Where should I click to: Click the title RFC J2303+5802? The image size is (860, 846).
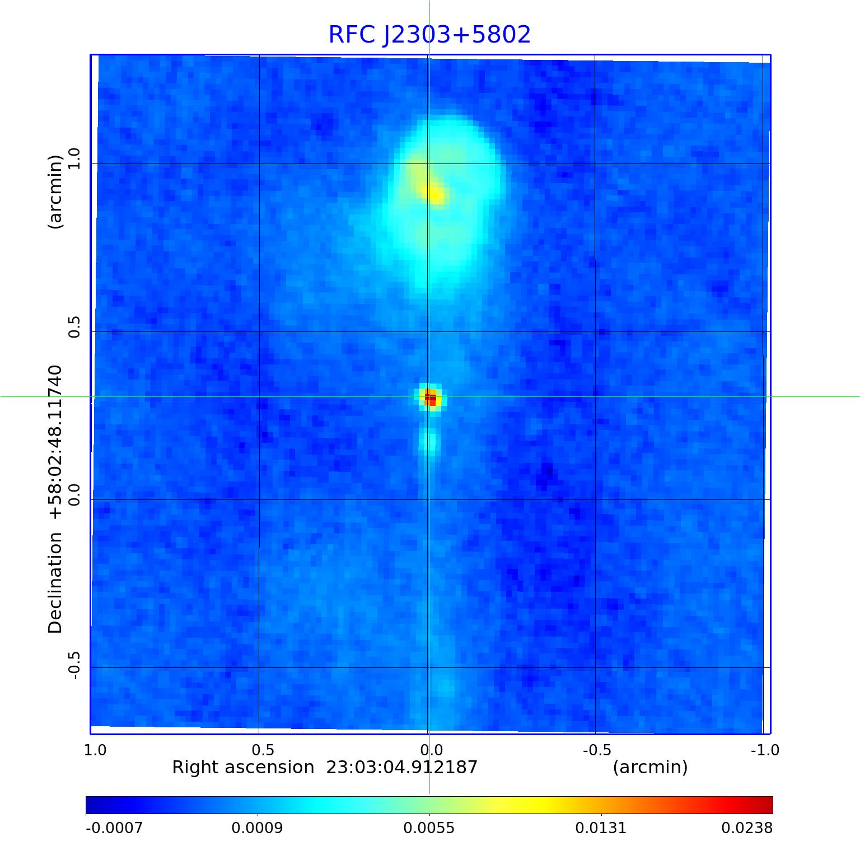click(429, 35)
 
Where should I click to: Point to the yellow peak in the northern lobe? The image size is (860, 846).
click(436, 194)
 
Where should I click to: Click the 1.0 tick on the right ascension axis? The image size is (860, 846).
click(95, 750)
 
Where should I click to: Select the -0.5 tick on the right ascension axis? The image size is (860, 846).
click(597, 750)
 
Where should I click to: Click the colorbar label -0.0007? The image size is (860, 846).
click(114, 828)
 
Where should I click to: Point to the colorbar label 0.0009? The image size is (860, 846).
click(258, 828)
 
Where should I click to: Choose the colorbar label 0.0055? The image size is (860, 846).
click(430, 828)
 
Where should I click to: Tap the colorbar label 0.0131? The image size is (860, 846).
click(601, 828)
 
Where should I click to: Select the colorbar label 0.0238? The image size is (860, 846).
click(746, 828)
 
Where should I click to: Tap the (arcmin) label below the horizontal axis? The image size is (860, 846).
click(650, 767)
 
